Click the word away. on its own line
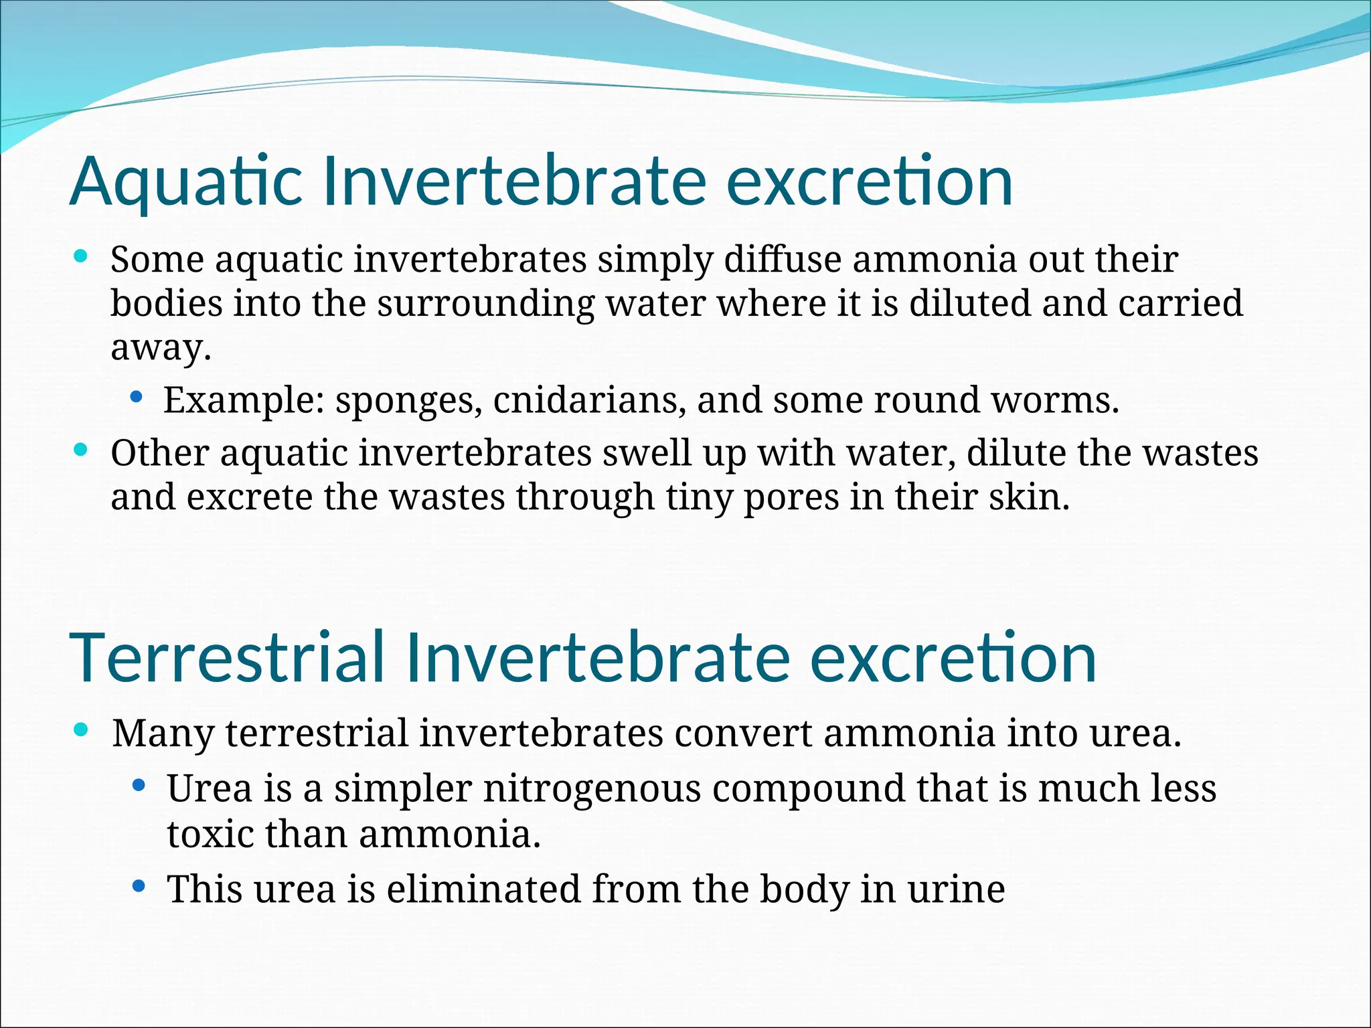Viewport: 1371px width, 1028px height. tap(161, 348)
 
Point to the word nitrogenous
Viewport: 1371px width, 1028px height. tap(592, 790)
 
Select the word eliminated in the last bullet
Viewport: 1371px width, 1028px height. tap(483, 889)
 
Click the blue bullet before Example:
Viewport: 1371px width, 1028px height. tap(137, 397)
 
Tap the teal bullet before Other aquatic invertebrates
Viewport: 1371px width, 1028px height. tap(81, 450)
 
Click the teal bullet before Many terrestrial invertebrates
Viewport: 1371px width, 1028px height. tap(81, 730)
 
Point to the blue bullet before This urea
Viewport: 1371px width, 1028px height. tap(139, 887)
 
